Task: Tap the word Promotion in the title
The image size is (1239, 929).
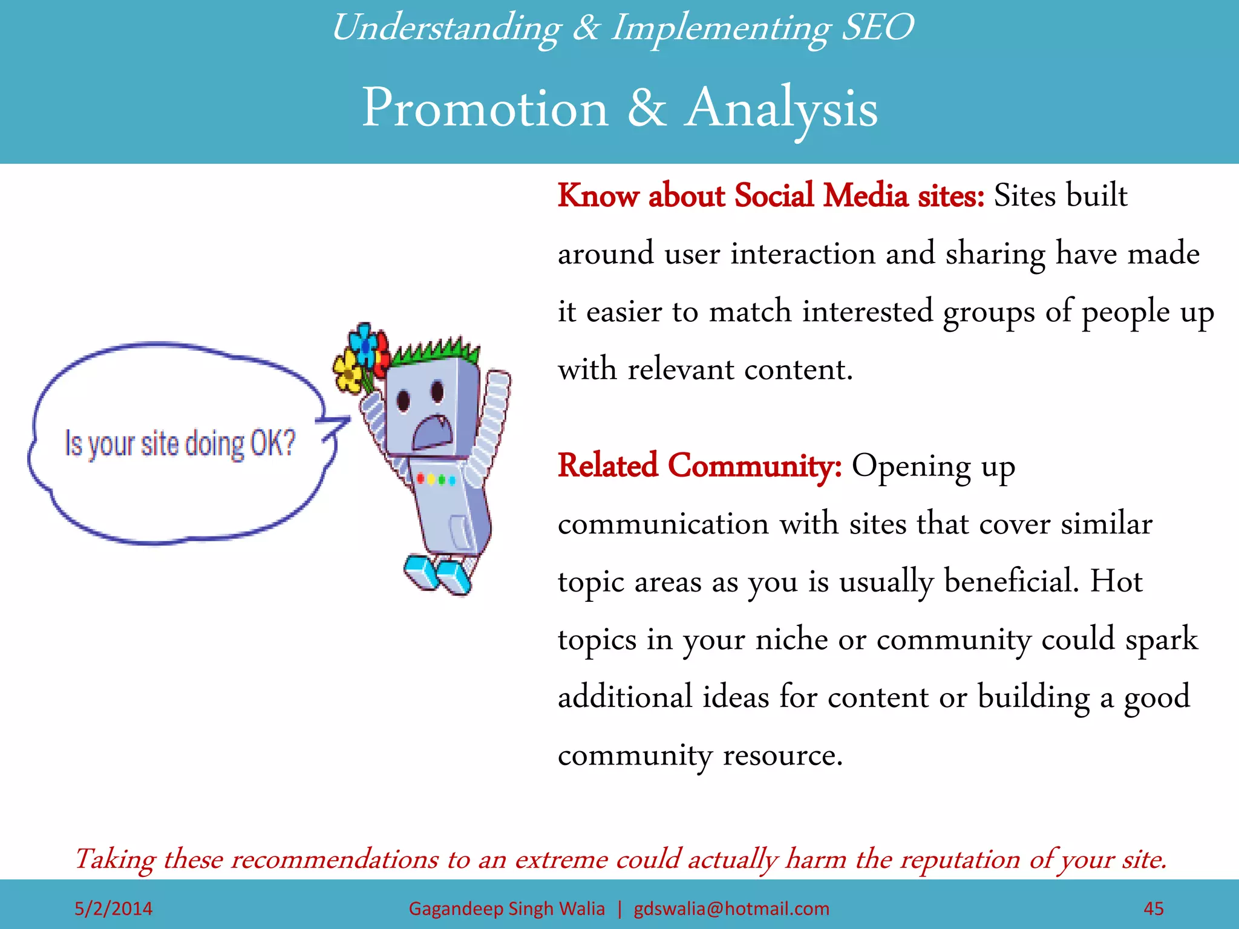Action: click(x=485, y=108)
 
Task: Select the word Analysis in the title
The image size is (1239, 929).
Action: click(x=781, y=108)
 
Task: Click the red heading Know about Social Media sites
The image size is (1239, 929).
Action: click(x=770, y=196)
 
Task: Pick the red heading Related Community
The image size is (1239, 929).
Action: click(x=699, y=466)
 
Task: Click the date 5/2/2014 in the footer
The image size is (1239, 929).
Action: click(x=113, y=908)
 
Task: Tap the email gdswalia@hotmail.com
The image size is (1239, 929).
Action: click(x=731, y=908)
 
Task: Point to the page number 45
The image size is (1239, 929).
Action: click(x=1153, y=908)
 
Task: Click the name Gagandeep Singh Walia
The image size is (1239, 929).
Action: click(x=506, y=908)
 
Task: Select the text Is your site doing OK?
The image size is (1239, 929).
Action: click(x=180, y=443)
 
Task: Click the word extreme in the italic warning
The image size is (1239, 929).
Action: click(x=561, y=859)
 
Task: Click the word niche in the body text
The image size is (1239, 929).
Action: click(x=791, y=639)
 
